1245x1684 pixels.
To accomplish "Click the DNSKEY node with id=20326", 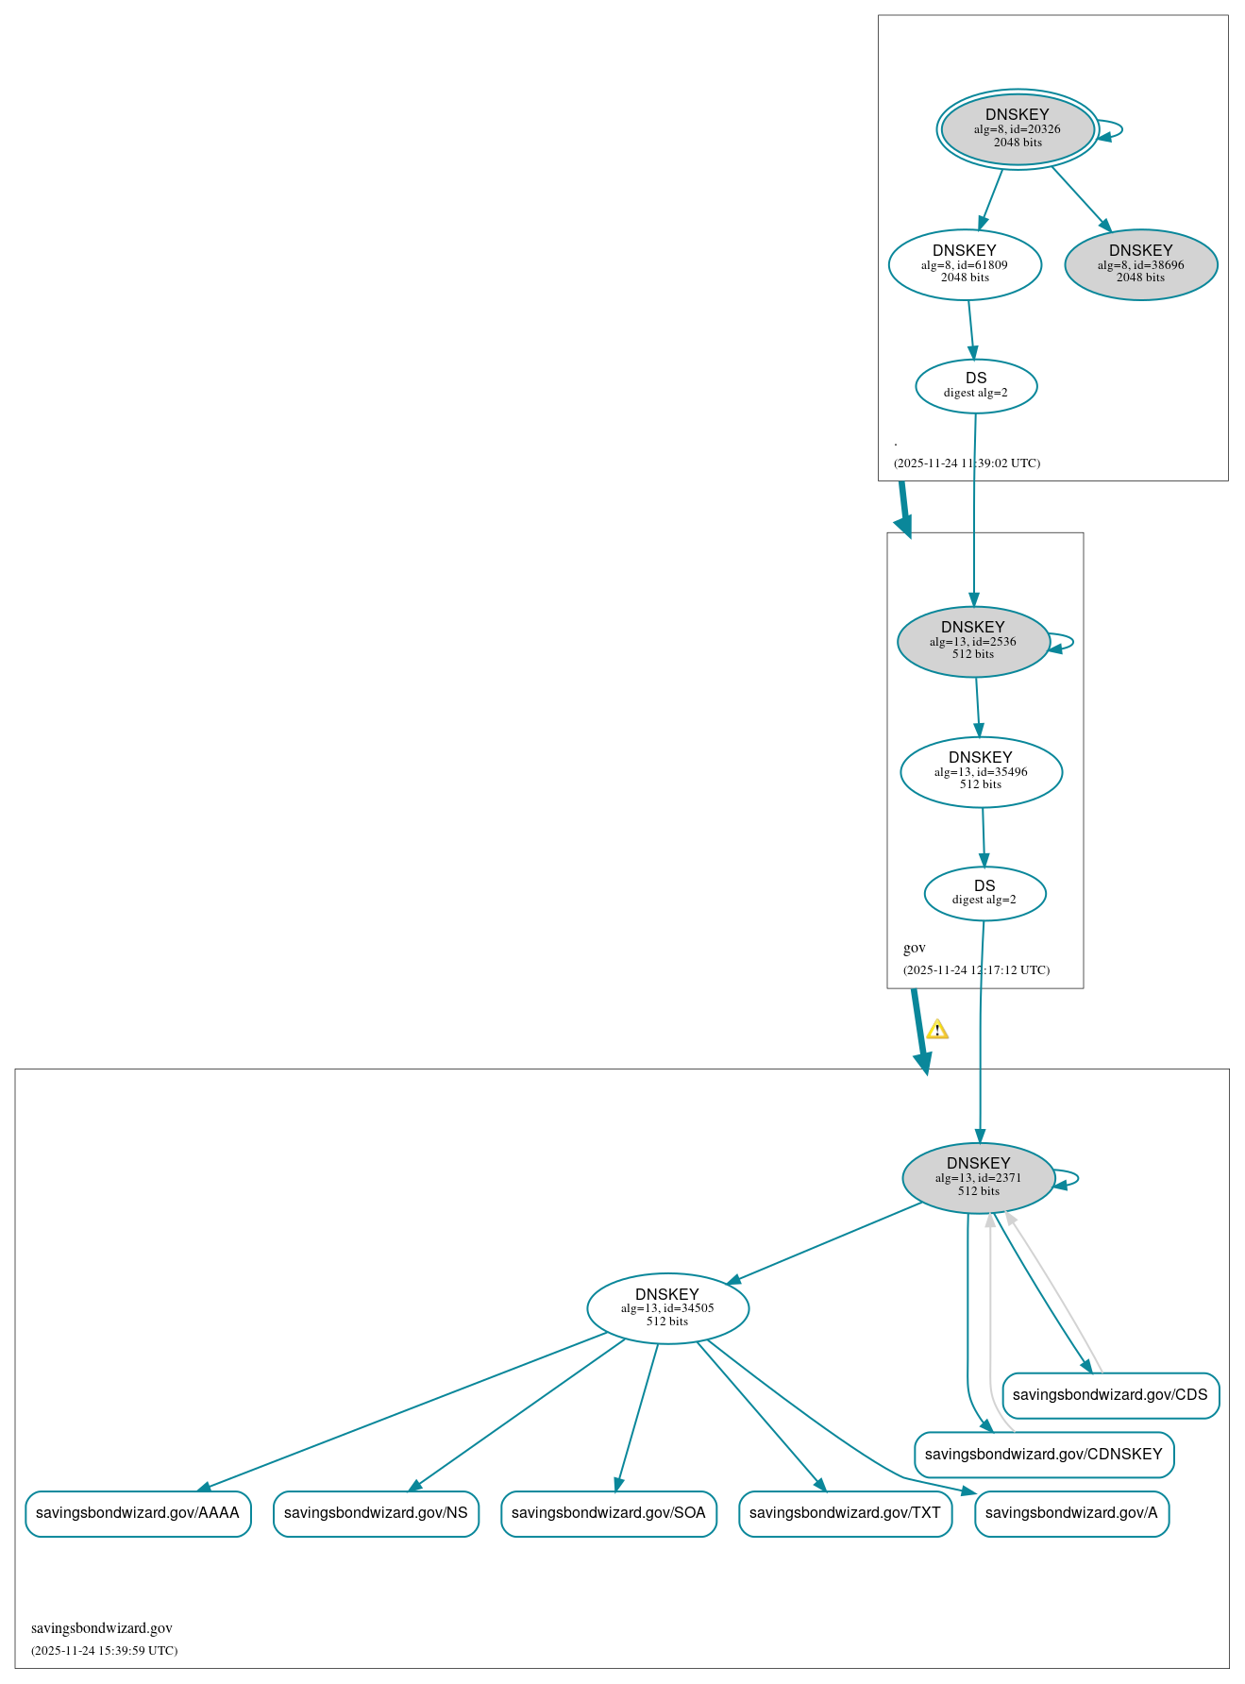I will (x=1017, y=129).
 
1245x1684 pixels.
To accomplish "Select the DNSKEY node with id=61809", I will (x=964, y=264).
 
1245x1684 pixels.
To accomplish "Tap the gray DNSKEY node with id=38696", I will (x=1140, y=264).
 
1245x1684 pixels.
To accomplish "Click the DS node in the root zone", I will (x=975, y=385).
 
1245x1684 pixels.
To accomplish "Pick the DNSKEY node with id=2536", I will (x=972, y=641).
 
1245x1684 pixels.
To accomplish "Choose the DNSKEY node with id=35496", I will (x=980, y=771).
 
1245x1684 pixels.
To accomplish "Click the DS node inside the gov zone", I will (x=984, y=892).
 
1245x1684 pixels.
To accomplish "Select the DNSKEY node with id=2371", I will (x=978, y=1177).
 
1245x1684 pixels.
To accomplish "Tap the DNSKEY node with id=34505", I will (x=666, y=1308).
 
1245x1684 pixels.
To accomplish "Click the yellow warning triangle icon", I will (x=936, y=1029).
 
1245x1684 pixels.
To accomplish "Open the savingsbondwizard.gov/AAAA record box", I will (x=138, y=1513).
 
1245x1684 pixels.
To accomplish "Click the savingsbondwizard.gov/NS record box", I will (x=376, y=1513).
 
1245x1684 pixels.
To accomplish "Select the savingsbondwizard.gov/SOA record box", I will (x=608, y=1513).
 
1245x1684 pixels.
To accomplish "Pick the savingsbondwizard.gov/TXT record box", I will (x=845, y=1513).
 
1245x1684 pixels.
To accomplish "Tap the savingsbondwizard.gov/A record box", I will (x=1070, y=1513).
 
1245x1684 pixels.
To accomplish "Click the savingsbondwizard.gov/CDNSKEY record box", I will (x=1043, y=1455).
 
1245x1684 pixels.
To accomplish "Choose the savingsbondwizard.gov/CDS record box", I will (x=1109, y=1395).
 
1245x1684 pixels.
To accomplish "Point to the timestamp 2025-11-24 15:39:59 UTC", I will (x=104, y=1650).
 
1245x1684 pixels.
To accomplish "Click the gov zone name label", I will (x=914, y=948).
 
